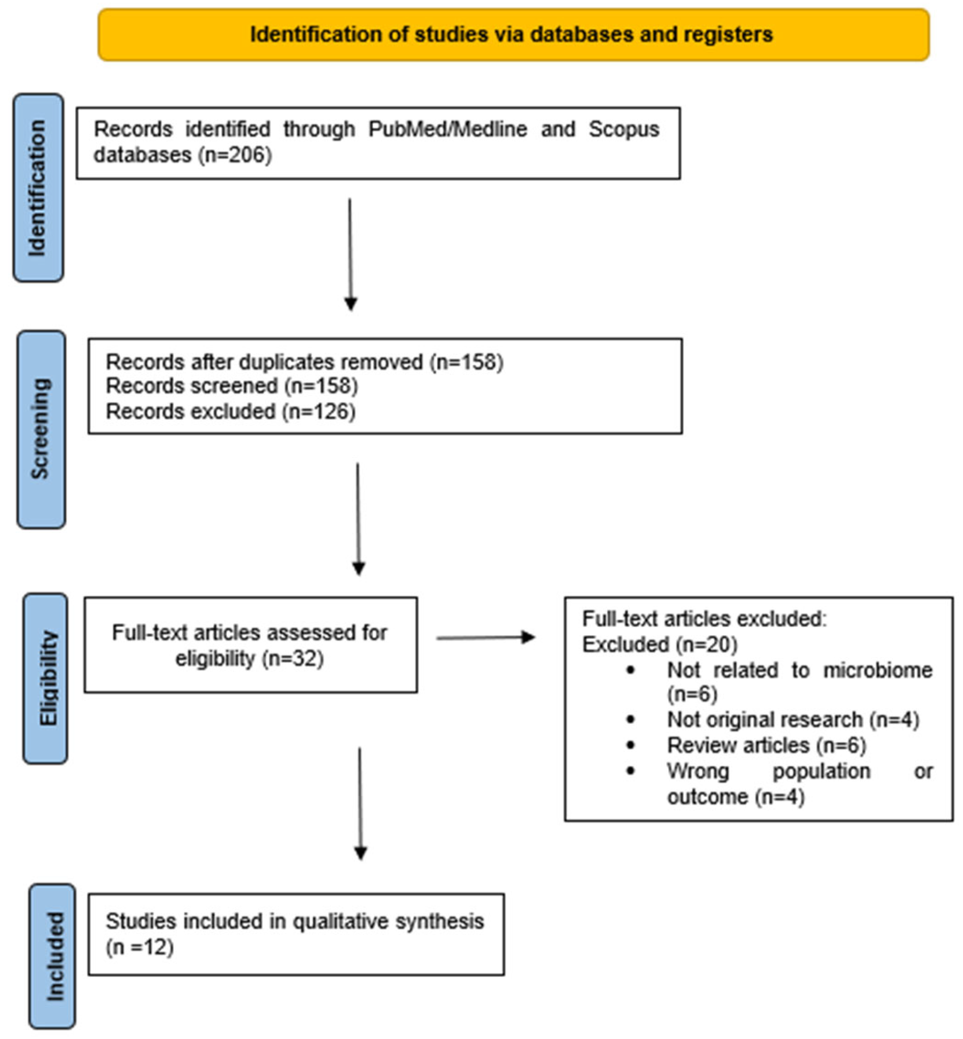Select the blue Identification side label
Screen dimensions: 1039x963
pos(38,188)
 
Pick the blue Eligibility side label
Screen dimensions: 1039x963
pos(46,678)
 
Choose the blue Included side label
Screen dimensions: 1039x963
pos(52,956)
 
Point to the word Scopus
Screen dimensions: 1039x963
pos(624,129)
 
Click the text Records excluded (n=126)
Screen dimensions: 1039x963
pos(230,412)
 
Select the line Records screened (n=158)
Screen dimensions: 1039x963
pos(232,386)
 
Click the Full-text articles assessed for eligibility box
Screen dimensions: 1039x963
pos(250,645)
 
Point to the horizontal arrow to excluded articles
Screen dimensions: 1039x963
pos(485,637)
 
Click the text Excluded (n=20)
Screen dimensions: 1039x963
pos(659,644)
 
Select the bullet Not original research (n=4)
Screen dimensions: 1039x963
pos(793,719)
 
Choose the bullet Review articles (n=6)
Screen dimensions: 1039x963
pos(766,745)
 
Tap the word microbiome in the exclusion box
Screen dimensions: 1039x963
pos(877,670)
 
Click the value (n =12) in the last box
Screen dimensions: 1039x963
pos(140,946)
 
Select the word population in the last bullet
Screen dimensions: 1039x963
pos(821,771)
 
